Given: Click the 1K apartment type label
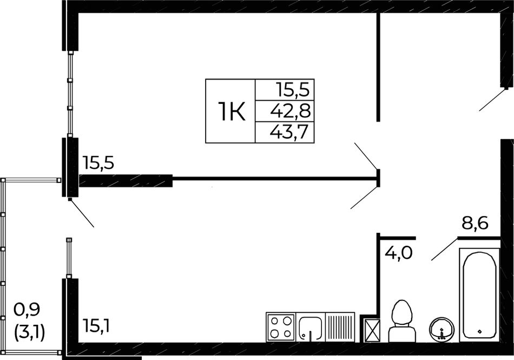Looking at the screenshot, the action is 232,112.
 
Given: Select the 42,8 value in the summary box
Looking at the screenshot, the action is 290,111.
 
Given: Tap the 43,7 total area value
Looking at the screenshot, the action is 289,132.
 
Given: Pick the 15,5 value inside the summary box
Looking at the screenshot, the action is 293,89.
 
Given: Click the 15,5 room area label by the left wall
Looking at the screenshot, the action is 98,162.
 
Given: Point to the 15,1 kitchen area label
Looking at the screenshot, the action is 96,325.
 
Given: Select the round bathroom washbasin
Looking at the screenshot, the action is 442,329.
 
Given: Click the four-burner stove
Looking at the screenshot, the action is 281,327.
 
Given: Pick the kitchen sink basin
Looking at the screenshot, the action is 311,327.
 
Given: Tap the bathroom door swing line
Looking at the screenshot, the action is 444,248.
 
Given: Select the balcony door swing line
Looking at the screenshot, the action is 81,213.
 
